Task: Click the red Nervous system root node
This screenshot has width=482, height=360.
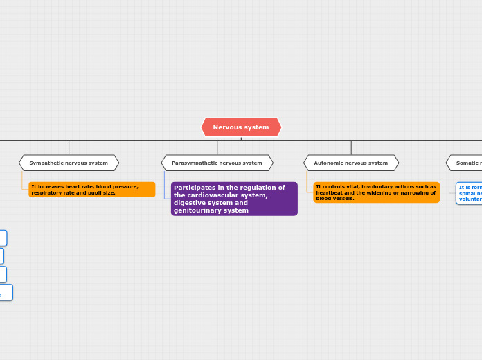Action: pos(241,127)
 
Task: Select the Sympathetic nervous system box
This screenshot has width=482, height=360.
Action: pos(69,163)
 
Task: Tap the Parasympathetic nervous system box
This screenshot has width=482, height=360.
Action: pos(217,163)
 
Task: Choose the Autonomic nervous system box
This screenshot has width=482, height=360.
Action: pos(351,163)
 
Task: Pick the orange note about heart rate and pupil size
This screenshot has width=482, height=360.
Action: pos(91,190)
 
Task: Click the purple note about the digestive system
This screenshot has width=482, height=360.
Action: pos(234,199)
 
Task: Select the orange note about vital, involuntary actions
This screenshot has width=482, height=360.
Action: pos(376,192)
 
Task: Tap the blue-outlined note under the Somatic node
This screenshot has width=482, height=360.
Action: pos(470,193)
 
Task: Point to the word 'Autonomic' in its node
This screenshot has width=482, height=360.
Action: pos(328,163)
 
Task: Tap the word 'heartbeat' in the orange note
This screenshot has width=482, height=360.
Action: pos(329,192)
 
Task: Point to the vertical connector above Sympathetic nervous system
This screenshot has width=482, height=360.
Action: pos(69,147)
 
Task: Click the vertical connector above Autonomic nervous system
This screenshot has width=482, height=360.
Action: pos(351,147)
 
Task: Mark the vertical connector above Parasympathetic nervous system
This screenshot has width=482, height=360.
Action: pos(217,147)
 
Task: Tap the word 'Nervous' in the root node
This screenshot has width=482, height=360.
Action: pos(224,127)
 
